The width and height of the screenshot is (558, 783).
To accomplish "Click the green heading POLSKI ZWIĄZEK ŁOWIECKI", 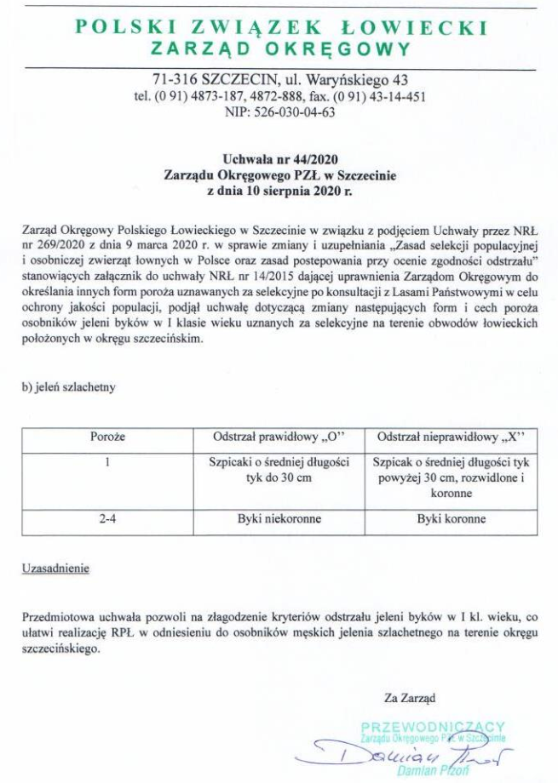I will coord(281,27).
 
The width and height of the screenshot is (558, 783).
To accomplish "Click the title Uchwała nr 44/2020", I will coord(280,157).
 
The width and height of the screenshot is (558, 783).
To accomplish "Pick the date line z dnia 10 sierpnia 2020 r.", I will coord(280,191).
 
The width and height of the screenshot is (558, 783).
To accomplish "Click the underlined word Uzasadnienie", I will coord(55,566).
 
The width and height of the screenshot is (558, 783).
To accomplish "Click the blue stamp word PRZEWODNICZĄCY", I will coord(433,726).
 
